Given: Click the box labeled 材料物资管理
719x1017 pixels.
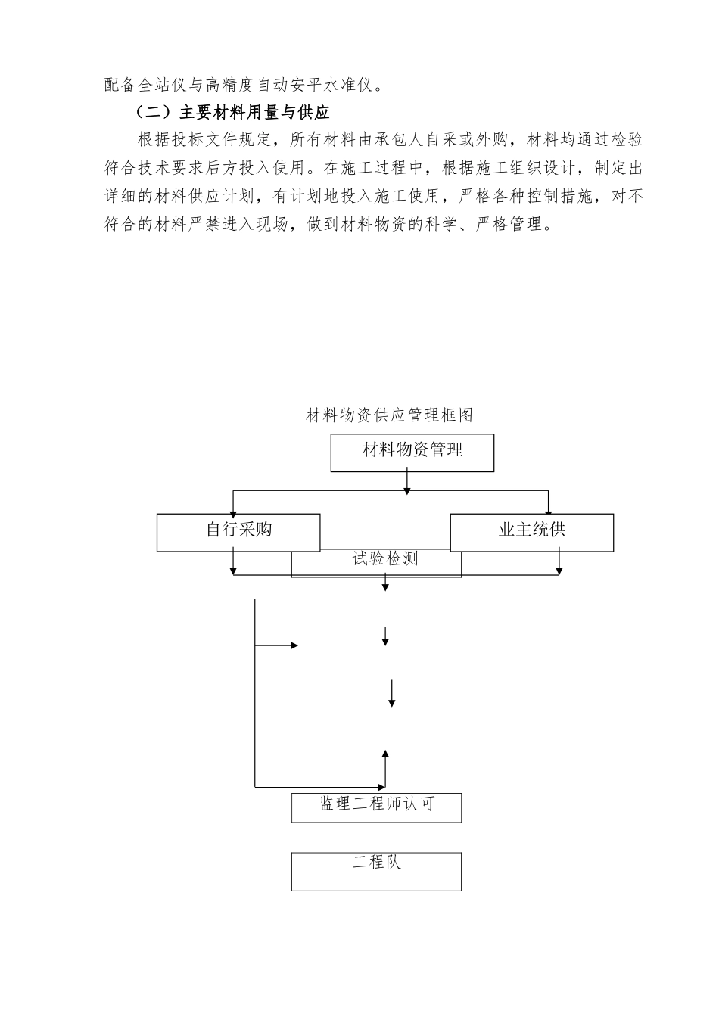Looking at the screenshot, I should pyautogui.click(x=412, y=453).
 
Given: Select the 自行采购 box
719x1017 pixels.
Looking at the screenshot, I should pyautogui.click(x=238, y=532).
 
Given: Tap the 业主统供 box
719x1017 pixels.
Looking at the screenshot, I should pyautogui.click(x=531, y=532).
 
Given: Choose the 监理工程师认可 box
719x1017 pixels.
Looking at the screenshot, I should pyautogui.click(x=376, y=807).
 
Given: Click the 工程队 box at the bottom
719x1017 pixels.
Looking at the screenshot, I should pyautogui.click(x=376, y=871).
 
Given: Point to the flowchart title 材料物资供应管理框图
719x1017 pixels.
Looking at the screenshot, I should pyautogui.click(x=389, y=415).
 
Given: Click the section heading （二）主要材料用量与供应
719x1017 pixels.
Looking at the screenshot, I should pyautogui.click(x=232, y=113).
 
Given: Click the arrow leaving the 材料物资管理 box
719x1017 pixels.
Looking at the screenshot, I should pyautogui.click(x=407, y=482).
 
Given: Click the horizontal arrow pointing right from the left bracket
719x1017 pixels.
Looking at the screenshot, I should pyautogui.click(x=277, y=645).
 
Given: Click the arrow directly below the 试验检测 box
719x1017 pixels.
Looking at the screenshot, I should pyautogui.click(x=386, y=583).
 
